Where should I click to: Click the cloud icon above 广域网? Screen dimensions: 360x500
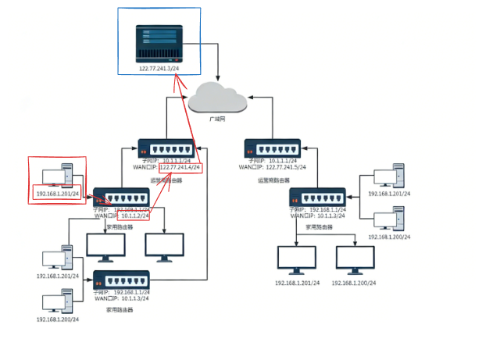tap(217, 98)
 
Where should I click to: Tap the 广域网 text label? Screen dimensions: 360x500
tap(217, 119)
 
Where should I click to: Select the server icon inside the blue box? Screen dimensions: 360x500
tap(159, 44)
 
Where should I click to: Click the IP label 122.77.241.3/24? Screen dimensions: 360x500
tap(159, 69)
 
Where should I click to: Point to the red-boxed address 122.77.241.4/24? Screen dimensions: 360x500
tap(180, 168)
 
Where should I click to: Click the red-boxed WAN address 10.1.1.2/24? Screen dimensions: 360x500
tap(134, 216)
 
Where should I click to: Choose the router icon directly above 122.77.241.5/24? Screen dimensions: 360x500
tap(272, 148)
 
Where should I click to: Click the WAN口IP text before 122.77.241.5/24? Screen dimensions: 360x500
tap(252, 167)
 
